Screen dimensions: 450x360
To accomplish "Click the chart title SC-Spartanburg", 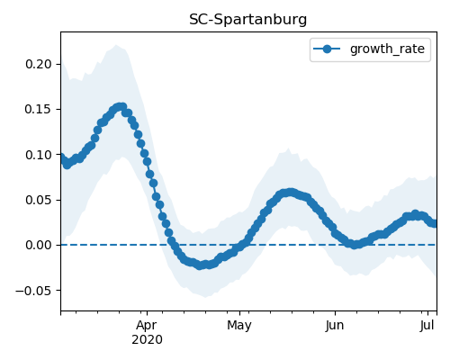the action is click(x=248, y=20).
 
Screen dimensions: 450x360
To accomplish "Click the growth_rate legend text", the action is click(x=387, y=49).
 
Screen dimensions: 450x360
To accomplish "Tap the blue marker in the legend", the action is click(x=327, y=49).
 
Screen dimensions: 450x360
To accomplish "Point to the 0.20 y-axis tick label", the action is click(x=39, y=64).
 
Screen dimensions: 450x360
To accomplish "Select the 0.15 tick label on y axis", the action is click(x=39, y=109).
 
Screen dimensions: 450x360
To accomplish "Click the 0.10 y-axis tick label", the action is click(x=39, y=155).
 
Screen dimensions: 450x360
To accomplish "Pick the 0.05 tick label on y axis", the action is click(x=39, y=200).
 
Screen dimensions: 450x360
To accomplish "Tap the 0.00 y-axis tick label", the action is click(x=39, y=245).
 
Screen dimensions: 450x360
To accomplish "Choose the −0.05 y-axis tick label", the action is click(x=34, y=291).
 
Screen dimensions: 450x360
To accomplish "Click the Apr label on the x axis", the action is click(x=147, y=325).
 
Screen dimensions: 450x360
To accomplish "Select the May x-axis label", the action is click(x=239, y=325).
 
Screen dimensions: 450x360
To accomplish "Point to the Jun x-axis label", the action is click(x=335, y=325).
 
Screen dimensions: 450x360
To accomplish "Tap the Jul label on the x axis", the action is click(x=427, y=325).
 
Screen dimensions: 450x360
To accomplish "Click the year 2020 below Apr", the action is click(x=147, y=339).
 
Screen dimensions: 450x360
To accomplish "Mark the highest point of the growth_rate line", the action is click(x=121, y=106).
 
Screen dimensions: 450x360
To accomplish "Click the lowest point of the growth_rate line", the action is click(x=200, y=265).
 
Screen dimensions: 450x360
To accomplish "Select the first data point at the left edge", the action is click(x=61, y=157).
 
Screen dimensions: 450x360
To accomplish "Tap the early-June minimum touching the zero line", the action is click(x=355, y=245).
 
